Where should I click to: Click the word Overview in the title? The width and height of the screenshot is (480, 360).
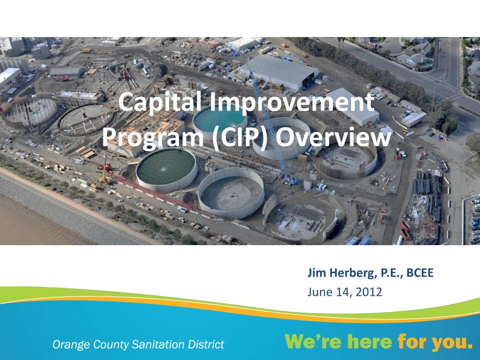[x=333, y=137]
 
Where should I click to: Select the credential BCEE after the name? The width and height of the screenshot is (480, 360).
[x=420, y=273]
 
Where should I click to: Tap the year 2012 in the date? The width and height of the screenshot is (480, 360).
[x=369, y=292]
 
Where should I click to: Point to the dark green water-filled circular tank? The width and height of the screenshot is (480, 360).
[x=166, y=166]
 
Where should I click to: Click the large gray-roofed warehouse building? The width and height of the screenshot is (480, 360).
[x=278, y=71]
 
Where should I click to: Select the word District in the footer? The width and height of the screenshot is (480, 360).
[x=206, y=345]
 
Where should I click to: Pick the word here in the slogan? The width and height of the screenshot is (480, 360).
[x=368, y=342]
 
